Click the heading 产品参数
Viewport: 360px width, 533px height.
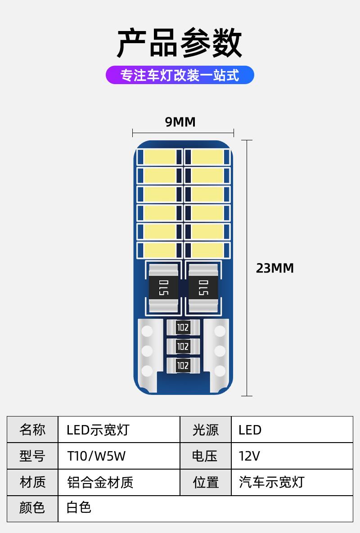(180, 44)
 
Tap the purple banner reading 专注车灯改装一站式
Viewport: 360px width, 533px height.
(180, 75)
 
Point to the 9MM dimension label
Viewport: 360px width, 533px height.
(180, 122)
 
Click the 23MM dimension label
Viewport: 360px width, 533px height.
(274, 268)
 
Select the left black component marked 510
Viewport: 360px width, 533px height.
(163, 288)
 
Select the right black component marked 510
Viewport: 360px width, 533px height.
(203, 288)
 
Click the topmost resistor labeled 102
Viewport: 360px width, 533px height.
(183, 327)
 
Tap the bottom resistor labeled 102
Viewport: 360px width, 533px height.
(183, 365)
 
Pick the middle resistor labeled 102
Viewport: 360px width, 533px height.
(183, 346)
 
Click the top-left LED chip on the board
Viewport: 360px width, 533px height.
(159, 157)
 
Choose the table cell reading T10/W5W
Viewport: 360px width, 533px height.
(96, 456)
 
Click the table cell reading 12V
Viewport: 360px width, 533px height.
(249, 456)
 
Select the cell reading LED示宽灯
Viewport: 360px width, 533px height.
(98, 430)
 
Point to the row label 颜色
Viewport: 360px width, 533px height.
(32, 508)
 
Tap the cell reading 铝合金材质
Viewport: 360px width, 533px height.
(100, 483)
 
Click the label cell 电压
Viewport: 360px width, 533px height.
(205, 456)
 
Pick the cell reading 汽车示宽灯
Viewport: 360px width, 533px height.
(271, 483)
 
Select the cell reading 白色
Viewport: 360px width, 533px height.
(79, 508)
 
